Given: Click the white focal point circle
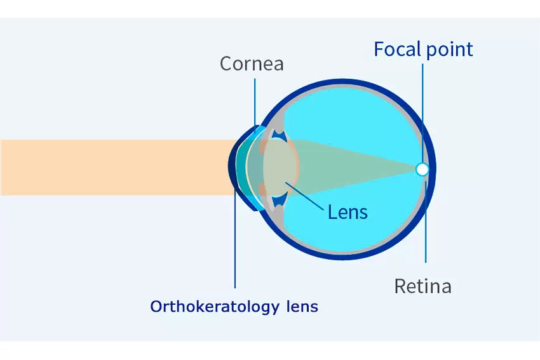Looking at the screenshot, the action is point(422,170).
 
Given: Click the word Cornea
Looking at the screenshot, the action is point(252,63).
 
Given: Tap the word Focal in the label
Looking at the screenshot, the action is point(398,49).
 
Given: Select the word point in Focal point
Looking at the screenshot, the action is point(449,50).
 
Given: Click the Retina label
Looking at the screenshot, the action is point(423,286).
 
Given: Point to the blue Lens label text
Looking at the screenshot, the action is point(348,211).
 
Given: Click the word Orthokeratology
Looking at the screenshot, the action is point(215,307).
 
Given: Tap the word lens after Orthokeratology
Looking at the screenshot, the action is point(302,306).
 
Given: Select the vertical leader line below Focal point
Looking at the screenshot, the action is point(422,113).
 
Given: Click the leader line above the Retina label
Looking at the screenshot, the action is point(426,222).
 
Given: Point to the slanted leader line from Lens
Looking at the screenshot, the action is point(304,196).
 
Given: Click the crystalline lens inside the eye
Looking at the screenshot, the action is point(280,168).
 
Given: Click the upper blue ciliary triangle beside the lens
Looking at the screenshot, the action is point(279,134).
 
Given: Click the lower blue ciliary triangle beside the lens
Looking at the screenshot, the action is point(279,201).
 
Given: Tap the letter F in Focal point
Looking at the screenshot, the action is point(379,49).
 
